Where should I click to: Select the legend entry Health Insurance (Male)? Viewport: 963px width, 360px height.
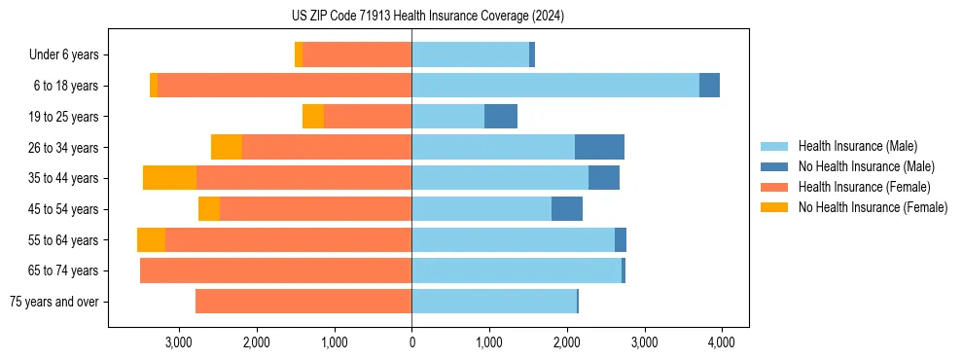[x=857, y=146]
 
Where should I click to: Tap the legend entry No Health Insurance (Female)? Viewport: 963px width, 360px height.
[x=873, y=207]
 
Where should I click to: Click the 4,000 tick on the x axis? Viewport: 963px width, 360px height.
[x=721, y=342]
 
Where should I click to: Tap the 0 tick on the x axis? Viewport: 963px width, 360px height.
[x=411, y=342]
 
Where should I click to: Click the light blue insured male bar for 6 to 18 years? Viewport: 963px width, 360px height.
[x=555, y=86]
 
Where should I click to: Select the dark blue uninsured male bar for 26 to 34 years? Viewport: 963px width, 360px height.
[x=599, y=147]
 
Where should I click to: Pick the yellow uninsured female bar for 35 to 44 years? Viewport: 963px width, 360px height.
[x=169, y=178]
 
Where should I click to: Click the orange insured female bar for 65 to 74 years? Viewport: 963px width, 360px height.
[x=275, y=270]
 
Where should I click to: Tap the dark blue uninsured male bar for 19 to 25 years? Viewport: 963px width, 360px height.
[x=501, y=117]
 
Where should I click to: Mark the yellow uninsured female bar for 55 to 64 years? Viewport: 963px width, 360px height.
[x=151, y=240]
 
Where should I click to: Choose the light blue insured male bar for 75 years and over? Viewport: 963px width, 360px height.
[x=494, y=302]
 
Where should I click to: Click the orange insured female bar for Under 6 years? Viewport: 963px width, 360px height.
[x=357, y=55]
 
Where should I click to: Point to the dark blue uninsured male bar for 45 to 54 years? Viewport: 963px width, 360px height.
[x=567, y=209]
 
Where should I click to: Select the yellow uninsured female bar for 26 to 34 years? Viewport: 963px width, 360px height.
[x=227, y=147]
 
